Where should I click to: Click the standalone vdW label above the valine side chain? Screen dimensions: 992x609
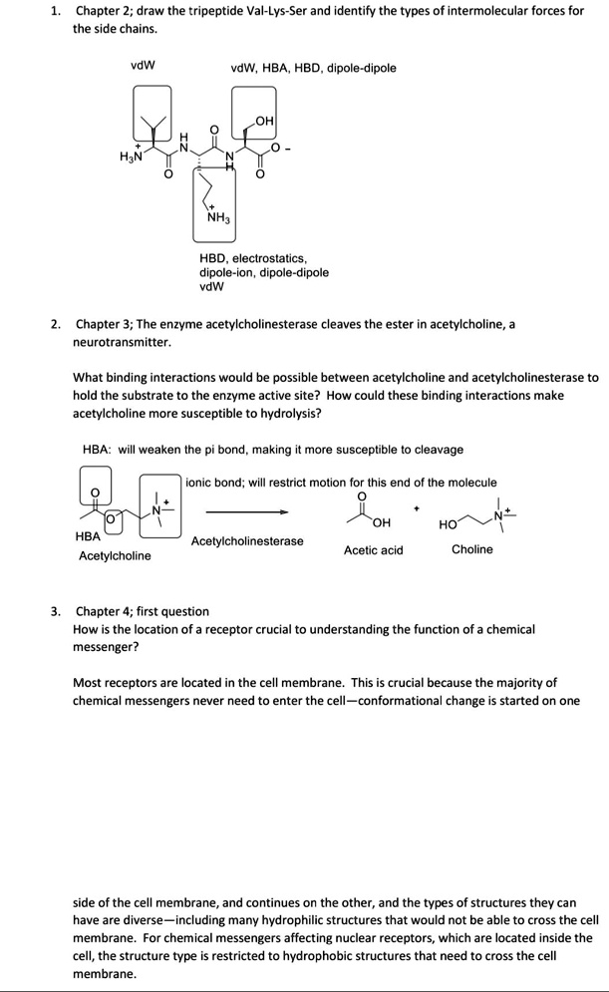tap(143, 67)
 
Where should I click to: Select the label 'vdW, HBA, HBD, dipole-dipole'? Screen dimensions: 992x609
tap(312, 68)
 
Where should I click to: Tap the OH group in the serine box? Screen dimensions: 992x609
tap(263, 122)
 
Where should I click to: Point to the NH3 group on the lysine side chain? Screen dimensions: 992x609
tap(218, 218)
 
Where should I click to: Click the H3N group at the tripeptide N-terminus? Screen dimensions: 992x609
tap(130, 156)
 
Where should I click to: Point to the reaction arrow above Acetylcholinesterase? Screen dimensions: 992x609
tap(247, 511)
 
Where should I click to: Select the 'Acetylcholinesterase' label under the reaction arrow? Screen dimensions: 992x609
tap(247, 541)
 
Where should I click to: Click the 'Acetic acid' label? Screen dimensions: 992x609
tap(373, 549)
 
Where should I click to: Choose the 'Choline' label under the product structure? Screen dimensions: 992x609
tap(471, 549)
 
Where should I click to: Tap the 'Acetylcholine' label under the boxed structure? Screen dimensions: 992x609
tap(115, 555)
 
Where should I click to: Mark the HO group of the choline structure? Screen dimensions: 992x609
tap(448, 522)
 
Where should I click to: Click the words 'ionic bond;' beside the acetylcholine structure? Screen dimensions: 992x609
tap(219, 483)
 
